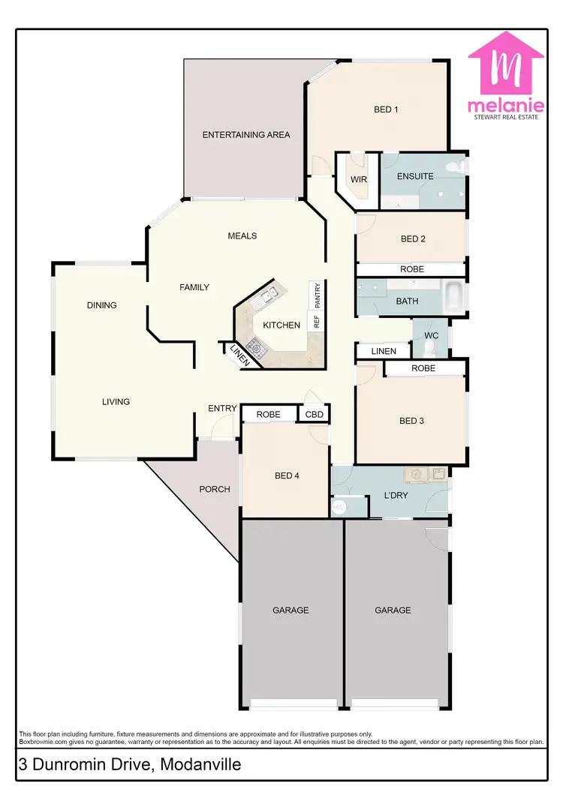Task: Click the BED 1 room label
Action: click(386, 109)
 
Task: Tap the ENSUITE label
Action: click(416, 177)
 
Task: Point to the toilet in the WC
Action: click(431, 348)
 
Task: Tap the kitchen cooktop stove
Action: click(257, 346)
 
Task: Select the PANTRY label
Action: click(317, 295)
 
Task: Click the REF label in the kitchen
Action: click(317, 322)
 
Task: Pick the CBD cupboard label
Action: click(314, 414)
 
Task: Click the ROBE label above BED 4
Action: click(269, 414)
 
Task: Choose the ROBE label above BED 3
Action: click(423, 368)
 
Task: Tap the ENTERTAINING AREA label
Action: click(246, 135)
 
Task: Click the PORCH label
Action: click(215, 489)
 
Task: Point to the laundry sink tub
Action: click(415, 474)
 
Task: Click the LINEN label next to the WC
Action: click(384, 351)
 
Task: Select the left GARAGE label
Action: click(291, 610)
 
